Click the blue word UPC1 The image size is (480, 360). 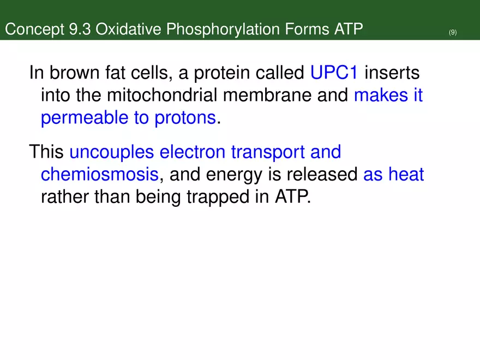333,72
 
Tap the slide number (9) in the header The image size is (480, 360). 453,33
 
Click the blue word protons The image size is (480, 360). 184,119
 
